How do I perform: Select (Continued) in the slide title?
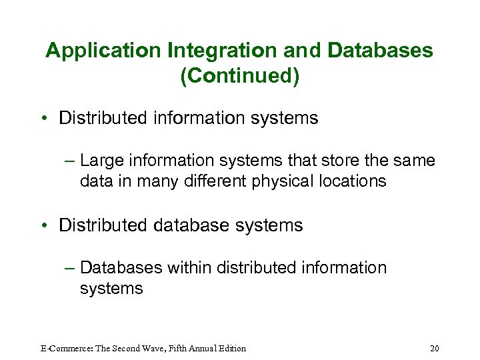[x=240, y=76]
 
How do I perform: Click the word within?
[x=189, y=267]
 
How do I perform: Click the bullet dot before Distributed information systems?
[x=49, y=119]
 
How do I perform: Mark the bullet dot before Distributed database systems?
[x=49, y=225]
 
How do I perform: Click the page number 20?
[x=435, y=348]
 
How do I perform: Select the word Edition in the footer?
[x=229, y=348]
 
